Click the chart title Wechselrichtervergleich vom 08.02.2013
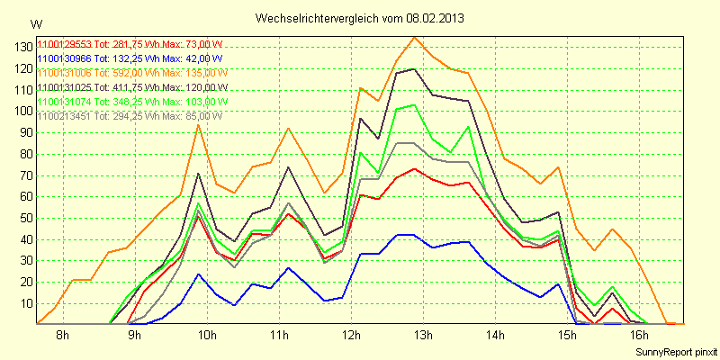tap(361, 18)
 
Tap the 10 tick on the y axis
tap(26, 303)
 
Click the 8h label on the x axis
tap(61, 336)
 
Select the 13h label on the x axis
tap(423, 336)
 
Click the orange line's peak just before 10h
tap(198, 124)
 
